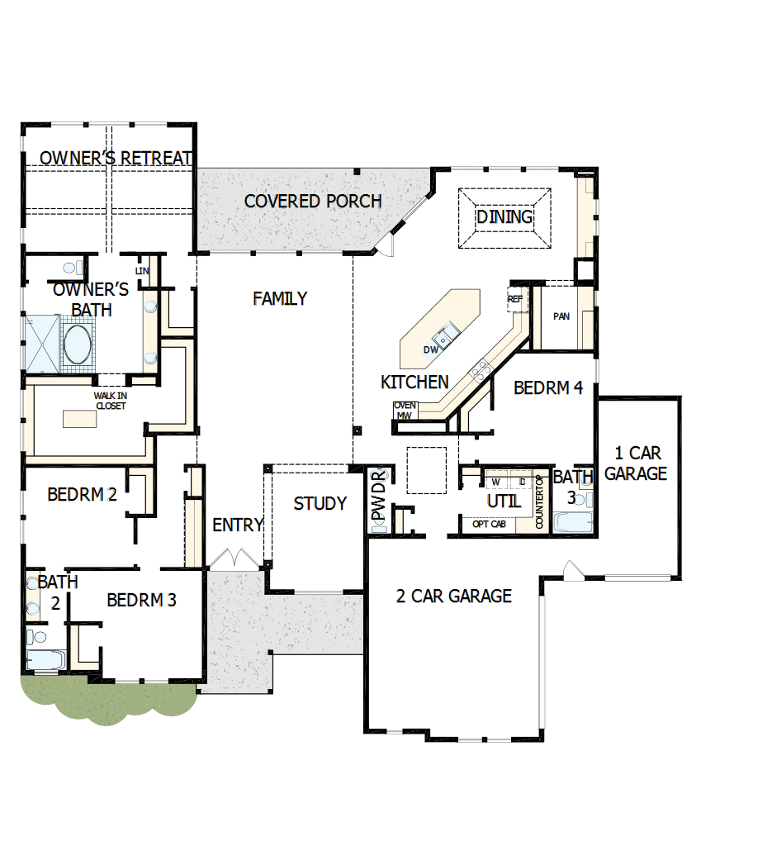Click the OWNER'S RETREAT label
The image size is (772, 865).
116,158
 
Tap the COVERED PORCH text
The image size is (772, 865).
313,201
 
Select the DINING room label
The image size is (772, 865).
504,216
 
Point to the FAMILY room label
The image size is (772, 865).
280,298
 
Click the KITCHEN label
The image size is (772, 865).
414,382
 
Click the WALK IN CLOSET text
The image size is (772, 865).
110,401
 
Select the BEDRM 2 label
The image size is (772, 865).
82,494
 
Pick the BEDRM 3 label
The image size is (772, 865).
141,600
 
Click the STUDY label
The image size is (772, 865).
320,503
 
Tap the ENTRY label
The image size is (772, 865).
238,525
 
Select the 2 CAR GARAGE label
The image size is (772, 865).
454,596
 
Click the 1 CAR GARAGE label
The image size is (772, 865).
636,463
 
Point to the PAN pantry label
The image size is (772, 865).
561,316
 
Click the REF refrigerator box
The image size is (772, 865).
516,299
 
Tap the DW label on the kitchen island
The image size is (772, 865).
430,349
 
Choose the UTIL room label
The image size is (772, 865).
504,501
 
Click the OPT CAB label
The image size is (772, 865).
488,524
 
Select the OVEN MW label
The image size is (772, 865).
405,410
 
